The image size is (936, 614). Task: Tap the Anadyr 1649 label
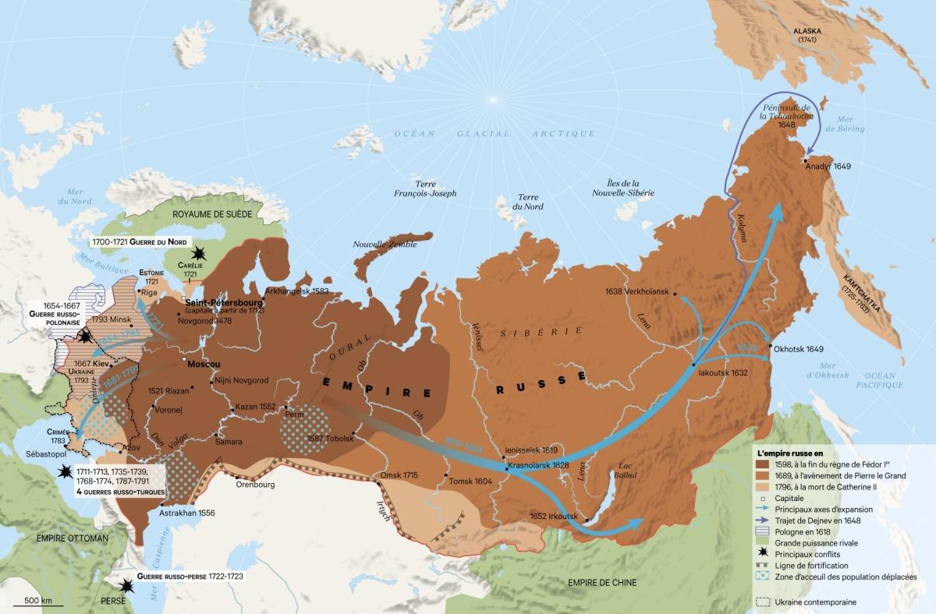pos(829,166)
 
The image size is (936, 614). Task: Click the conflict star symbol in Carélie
pos(201,254)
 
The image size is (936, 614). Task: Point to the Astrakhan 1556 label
pos(186,513)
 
